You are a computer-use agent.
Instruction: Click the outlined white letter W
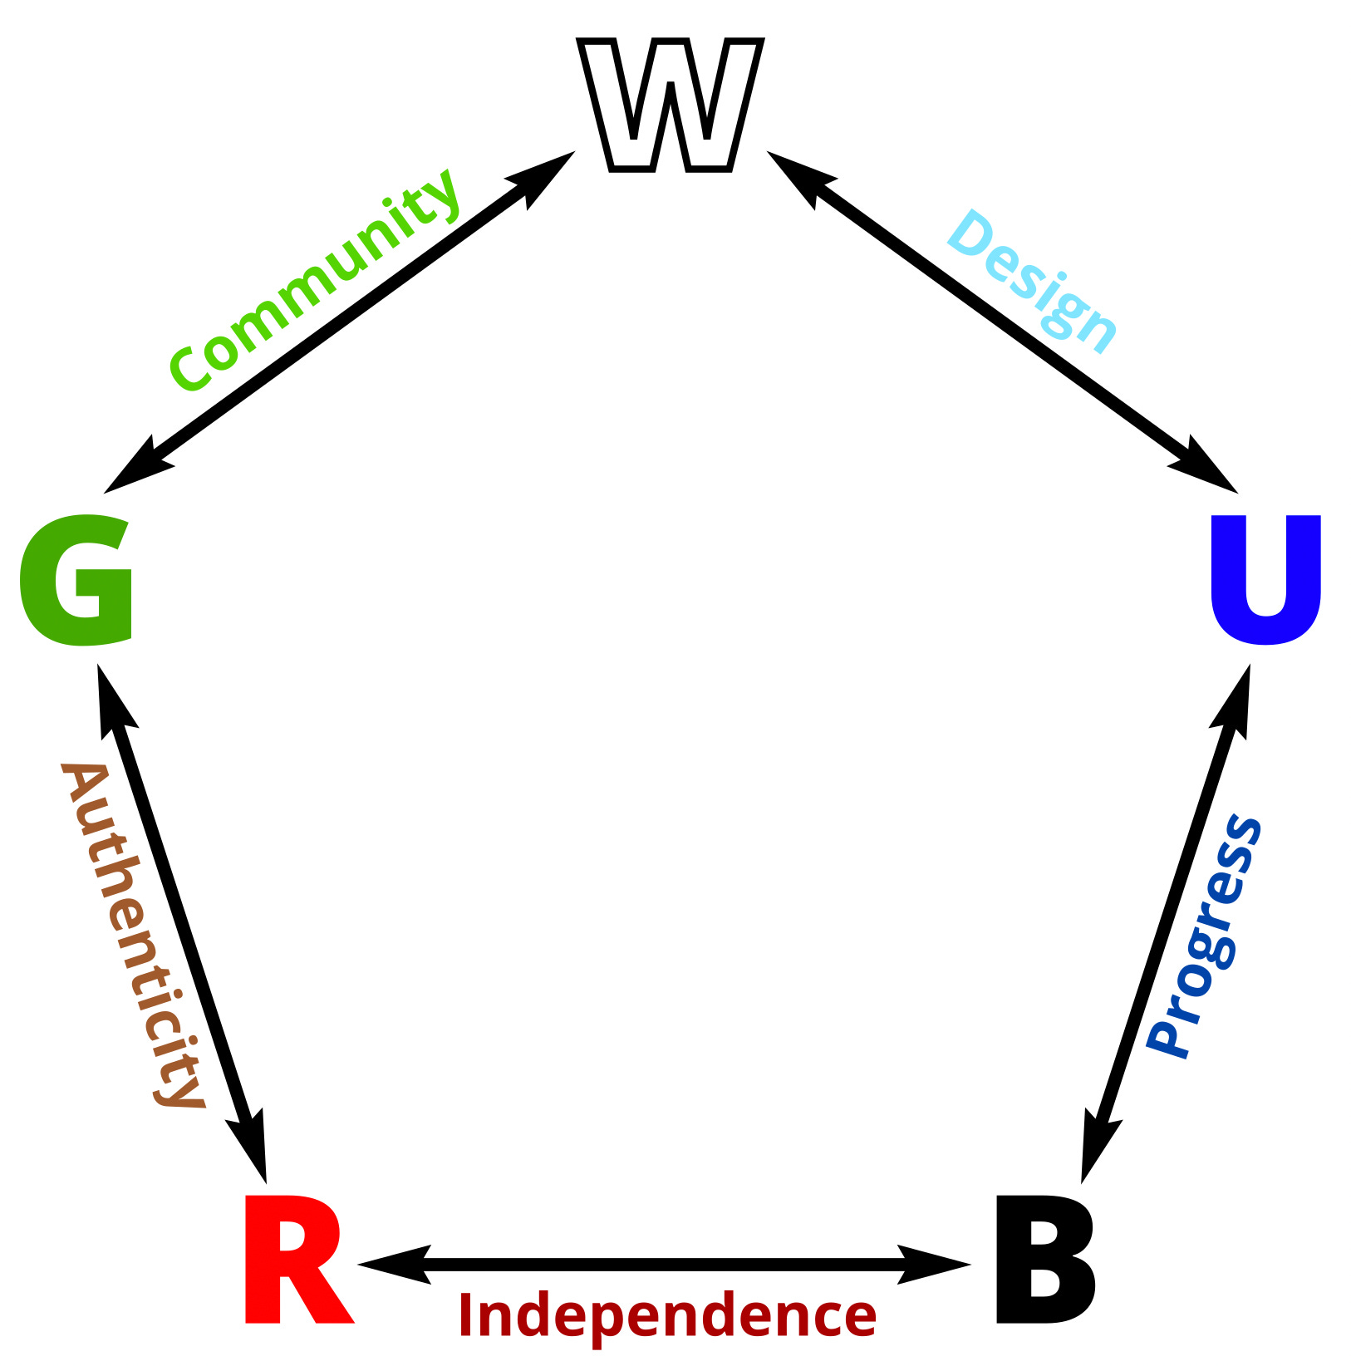[x=670, y=106]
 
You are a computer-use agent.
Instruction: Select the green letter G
[x=76, y=580]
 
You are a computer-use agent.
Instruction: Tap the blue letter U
[x=1265, y=579]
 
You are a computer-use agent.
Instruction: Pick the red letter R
[x=295, y=1260]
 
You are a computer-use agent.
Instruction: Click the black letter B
[x=1044, y=1260]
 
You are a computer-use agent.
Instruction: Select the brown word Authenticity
[x=133, y=934]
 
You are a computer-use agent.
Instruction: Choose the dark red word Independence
[x=667, y=1316]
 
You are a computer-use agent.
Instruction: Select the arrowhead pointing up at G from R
[x=112, y=702]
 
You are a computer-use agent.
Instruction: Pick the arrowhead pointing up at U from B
[x=1236, y=702]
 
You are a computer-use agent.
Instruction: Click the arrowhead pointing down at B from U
[x=1096, y=1147]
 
